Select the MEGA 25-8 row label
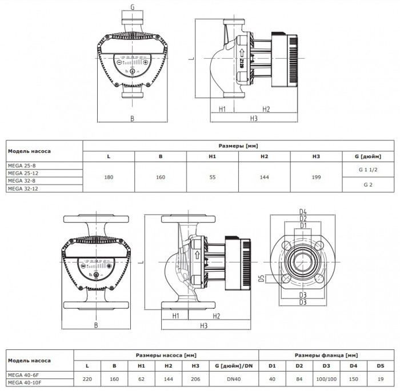(x=20, y=166)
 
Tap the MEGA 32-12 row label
(x=21, y=188)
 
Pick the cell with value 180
(x=109, y=177)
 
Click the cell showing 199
(x=316, y=177)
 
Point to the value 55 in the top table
(x=212, y=177)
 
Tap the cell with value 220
(x=87, y=378)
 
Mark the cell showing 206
(x=196, y=378)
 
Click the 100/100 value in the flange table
(x=326, y=378)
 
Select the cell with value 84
(x=299, y=378)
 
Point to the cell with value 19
(x=380, y=378)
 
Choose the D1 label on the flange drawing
(x=304, y=225)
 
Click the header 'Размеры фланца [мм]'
(x=326, y=354)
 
